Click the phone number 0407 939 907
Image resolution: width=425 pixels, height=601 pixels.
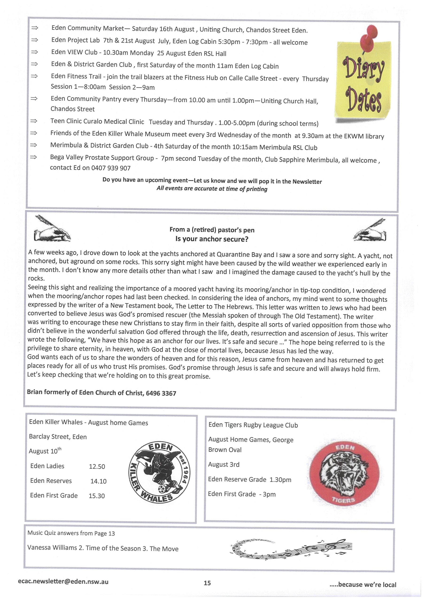point(111,168)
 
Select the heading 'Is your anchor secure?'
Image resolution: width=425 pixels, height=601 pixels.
point(212,239)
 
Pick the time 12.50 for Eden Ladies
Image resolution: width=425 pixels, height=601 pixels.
point(97,466)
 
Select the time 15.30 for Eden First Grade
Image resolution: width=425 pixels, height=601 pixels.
point(97,496)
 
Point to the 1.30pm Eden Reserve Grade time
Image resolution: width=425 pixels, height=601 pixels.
point(280,480)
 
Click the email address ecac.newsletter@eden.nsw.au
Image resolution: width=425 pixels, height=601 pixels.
point(63,582)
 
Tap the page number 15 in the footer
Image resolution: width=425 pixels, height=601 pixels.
point(207,583)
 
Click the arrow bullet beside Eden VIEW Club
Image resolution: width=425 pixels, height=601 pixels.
point(34,52)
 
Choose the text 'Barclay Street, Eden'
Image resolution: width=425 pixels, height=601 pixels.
point(58,437)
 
